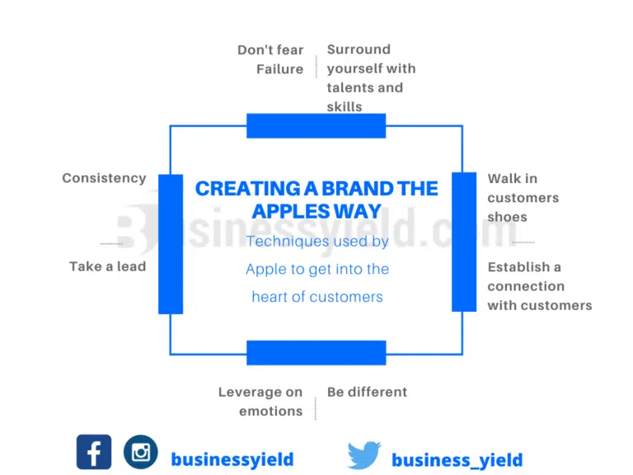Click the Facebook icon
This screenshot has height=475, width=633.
[94, 452]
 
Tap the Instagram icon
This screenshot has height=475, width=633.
[141, 452]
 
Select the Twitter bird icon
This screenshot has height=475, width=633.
[364, 455]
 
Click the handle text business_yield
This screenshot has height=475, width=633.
[457, 460]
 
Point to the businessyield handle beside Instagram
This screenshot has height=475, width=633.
[232, 459]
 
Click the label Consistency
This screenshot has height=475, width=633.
[104, 178]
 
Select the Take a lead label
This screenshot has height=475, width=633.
[107, 266]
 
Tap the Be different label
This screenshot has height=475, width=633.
[367, 392]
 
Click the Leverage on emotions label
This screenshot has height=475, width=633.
[260, 402]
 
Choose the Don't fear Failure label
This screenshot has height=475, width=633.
[271, 59]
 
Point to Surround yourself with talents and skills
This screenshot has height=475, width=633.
[371, 78]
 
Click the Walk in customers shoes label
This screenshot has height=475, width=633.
[523, 198]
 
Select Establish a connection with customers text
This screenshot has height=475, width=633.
[539, 286]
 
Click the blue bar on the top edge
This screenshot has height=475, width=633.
[316, 126]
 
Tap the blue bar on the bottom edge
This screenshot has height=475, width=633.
[316, 353]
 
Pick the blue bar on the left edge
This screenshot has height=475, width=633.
[171, 244]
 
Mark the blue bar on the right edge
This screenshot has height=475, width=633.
[464, 242]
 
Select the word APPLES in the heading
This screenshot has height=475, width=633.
[288, 210]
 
